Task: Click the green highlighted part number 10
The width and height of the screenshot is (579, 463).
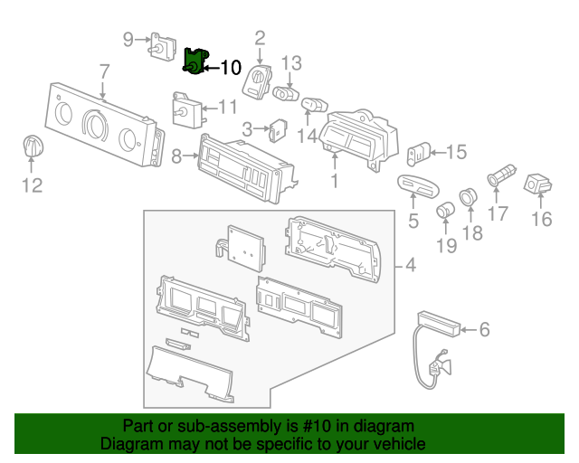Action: point(194,62)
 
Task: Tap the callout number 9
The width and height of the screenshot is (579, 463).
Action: point(128,38)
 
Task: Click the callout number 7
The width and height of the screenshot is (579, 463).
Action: point(104,71)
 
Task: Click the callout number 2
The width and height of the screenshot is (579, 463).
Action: point(260,38)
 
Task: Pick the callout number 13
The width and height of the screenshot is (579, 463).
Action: point(290,62)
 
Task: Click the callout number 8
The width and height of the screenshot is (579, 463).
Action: point(177,156)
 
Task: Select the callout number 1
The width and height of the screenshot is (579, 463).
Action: point(335,181)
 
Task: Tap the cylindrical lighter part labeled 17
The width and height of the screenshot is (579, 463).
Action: point(500,173)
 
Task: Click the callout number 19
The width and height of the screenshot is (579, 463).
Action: point(447,245)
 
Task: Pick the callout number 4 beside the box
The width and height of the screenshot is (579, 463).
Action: point(410,266)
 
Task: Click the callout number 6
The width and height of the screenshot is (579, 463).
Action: point(484,330)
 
